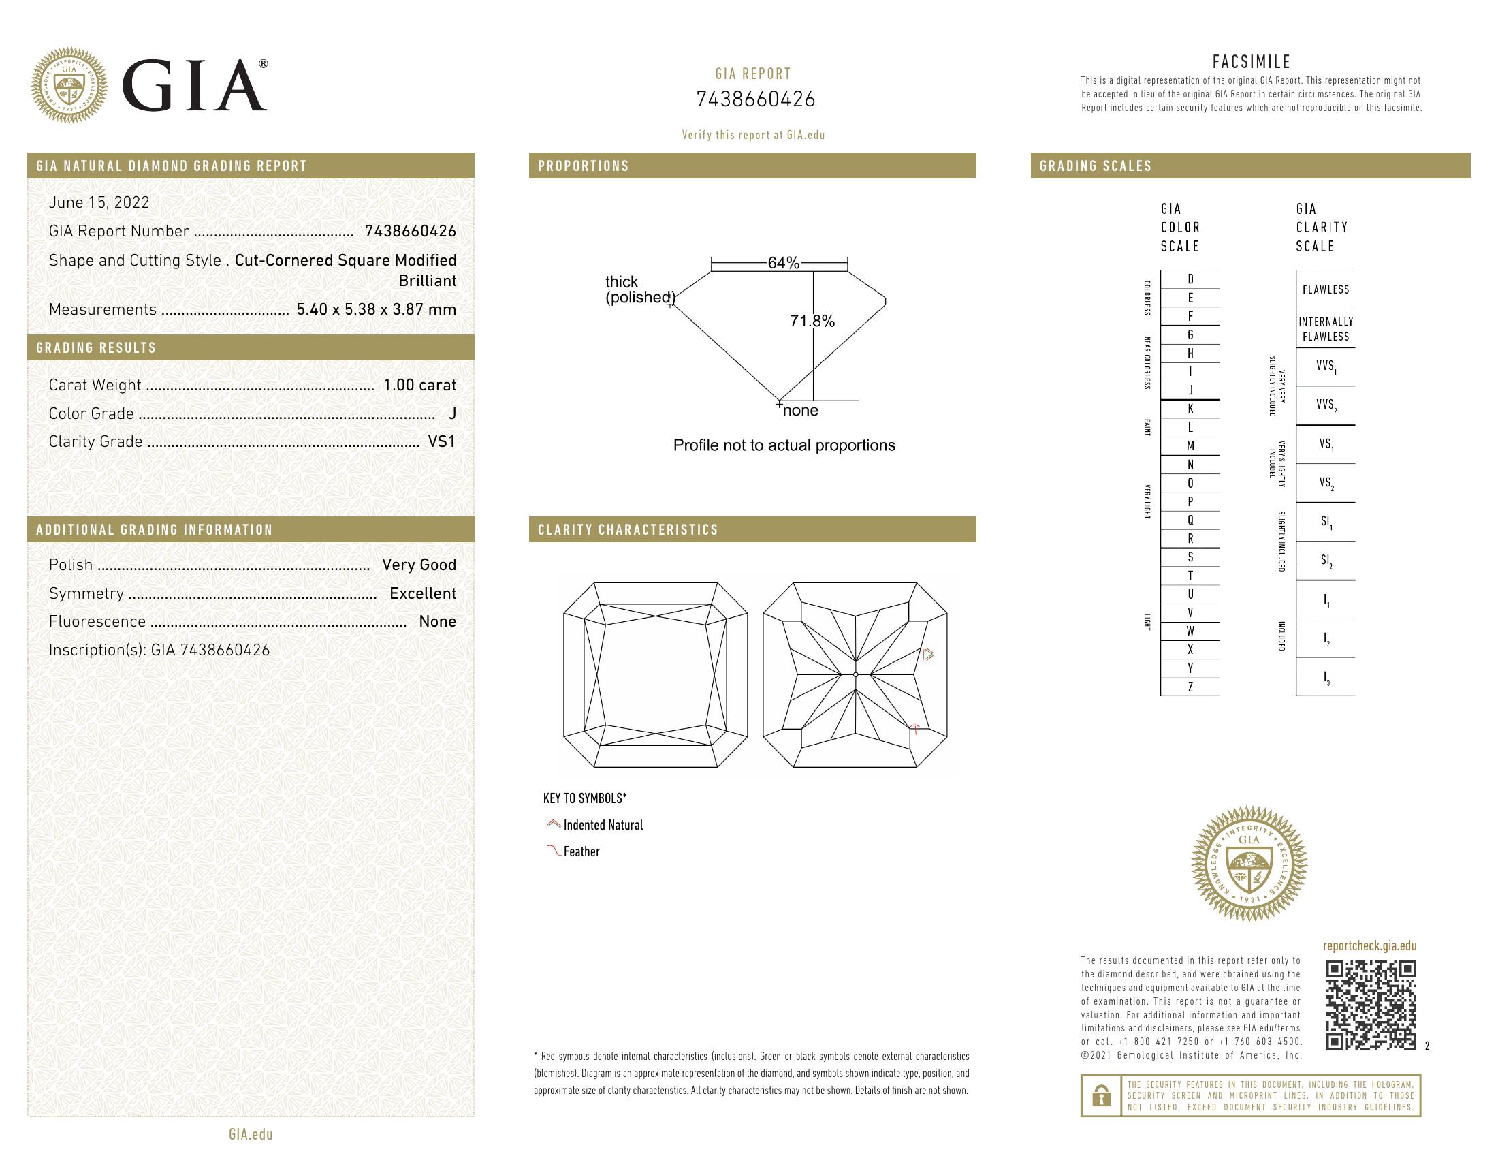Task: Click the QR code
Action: click(x=1371, y=1005)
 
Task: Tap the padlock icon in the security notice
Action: click(x=1101, y=1095)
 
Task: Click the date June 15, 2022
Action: click(x=99, y=202)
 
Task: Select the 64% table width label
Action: click(x=783, y=263)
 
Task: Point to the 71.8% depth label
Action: click(x=812, y=321)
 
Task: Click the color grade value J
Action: click(x=452, y=413)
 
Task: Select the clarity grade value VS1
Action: click(x=442, y=442)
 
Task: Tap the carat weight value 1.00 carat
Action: click(x=419, y=385)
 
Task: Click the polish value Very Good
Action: click(x=418, y=565)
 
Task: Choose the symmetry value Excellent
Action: click(x=423, y=593)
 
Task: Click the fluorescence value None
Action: click(x=437, y=621)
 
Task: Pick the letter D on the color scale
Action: click(x=1190, y=279)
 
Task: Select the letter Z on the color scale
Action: click(x=1190, y=687)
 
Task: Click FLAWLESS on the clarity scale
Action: click(x=1325, y=289)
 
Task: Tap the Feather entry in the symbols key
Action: click(x=581, y=851)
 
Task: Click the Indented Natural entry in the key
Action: click(x=602, y=826)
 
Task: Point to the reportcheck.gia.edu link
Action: click(x=1369, y=946)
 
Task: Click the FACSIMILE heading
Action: click(x=1251, y=62)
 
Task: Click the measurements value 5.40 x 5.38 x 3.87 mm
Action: click(x=376, y=309)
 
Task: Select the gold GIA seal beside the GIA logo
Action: click(x=69, y=86)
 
